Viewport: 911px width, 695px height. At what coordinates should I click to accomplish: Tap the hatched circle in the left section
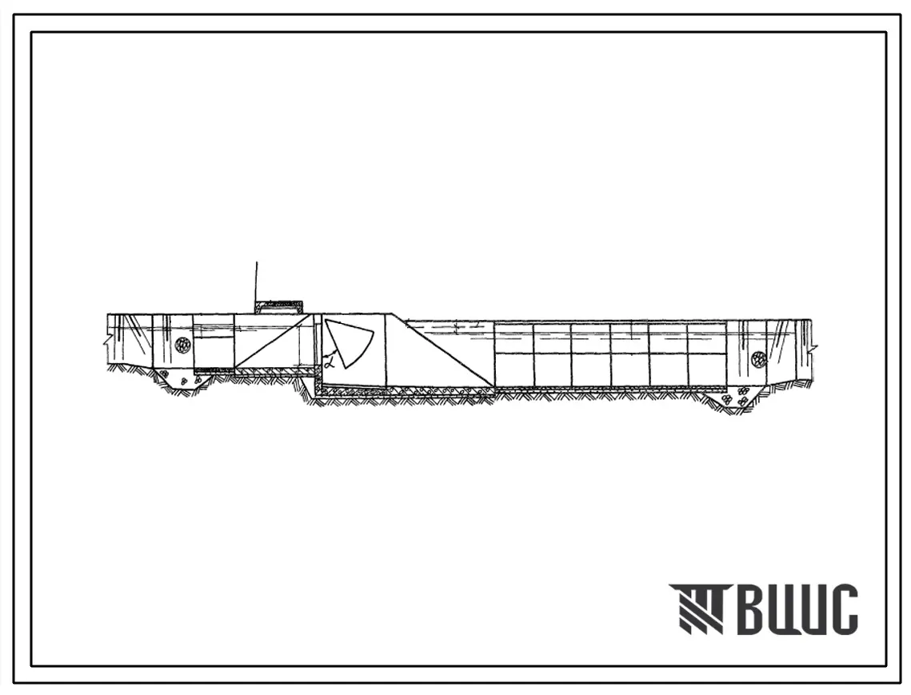coord(182,343)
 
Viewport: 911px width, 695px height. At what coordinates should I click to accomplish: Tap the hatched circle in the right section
coord(758,358)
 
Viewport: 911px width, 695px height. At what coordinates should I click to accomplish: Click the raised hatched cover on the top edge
coord(278,307)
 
